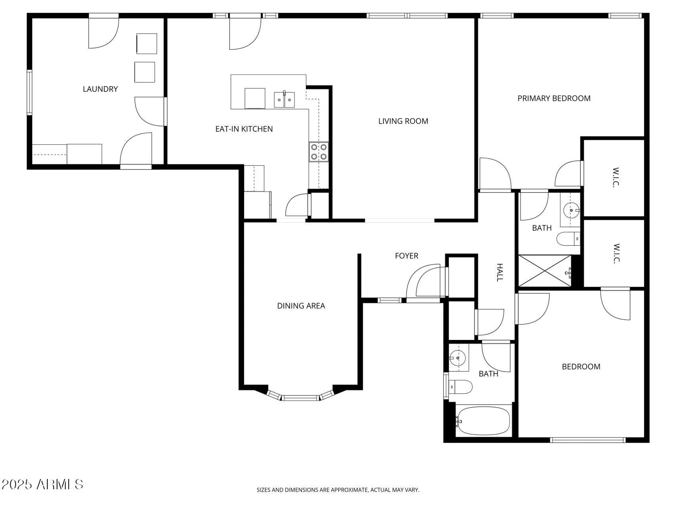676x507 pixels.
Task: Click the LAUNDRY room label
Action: [x=100, y=89]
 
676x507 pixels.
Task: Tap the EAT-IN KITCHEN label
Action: [x=244, y=129]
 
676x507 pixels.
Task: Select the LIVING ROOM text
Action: [x=403, y=121]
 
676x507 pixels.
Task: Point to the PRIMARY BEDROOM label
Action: [x=554, y=98]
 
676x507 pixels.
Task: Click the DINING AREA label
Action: [x=301, y=306]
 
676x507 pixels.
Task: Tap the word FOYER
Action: [x=406, y=256]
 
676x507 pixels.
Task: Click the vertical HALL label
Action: [x=500, y=272]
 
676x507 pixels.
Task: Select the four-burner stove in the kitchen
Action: [x=318, y=152]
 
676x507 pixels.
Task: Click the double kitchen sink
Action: [x=284, y=100]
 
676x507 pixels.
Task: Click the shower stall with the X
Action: [x=544, y=271]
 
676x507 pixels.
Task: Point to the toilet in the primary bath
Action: [x=568, y=239]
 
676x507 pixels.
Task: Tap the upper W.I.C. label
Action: [x=615, y=177]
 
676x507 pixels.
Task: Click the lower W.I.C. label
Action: [x=616, y=253]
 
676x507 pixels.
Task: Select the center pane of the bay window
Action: [x=300, y=398]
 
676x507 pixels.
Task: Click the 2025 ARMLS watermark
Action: [x=42, y=484]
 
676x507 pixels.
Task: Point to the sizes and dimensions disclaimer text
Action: [x=338, y=490]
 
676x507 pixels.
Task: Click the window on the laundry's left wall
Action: [x=29, y=92]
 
